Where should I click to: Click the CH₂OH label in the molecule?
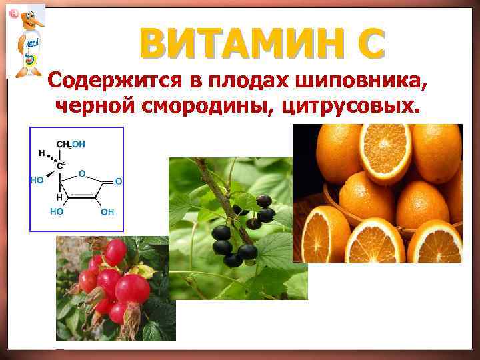(x=71, y=144)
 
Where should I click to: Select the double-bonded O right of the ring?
(x=118, y=181)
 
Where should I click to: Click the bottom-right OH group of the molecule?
(x=107, y=213)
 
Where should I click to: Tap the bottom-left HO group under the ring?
(x=57, y=211)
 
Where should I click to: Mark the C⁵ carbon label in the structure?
(x=61, y=165)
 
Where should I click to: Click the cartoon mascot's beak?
(x=37, y=23)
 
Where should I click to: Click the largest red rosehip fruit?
(x=133, y=288)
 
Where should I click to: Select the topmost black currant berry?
(x=264, y=201)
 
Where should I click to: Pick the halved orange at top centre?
(x=385, y=150)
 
